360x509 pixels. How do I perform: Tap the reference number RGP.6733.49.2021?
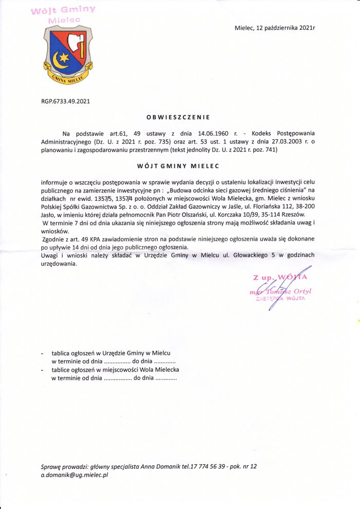click(x=65, y=101)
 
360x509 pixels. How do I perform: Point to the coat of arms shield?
click(x=67, y=51)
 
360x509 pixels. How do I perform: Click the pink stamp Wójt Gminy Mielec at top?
click(x=63, y=14)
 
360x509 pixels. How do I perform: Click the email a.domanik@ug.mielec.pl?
click(x=75, y=476)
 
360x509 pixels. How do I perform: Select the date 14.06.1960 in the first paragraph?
click(x=213, y=133)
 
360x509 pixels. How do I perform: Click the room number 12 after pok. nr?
click(x=253, y=466)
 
